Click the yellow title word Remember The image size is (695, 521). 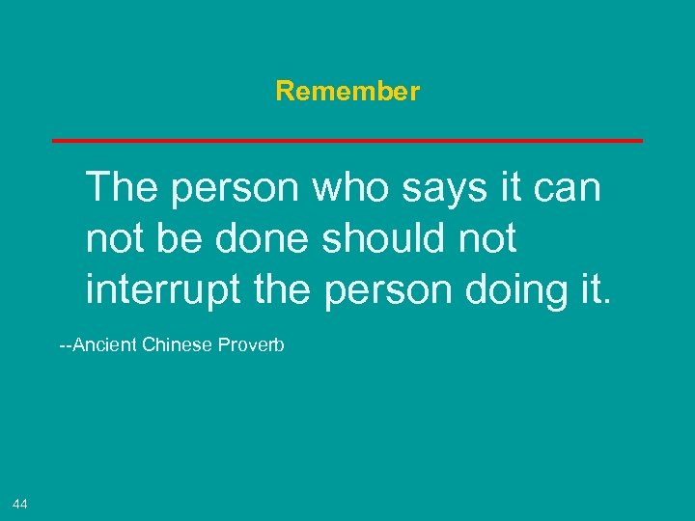[347, 92]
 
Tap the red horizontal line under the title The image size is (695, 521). [347, 141]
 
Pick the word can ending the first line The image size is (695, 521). [569, 188]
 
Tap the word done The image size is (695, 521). [259, 238]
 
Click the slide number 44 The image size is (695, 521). [20, 504]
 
